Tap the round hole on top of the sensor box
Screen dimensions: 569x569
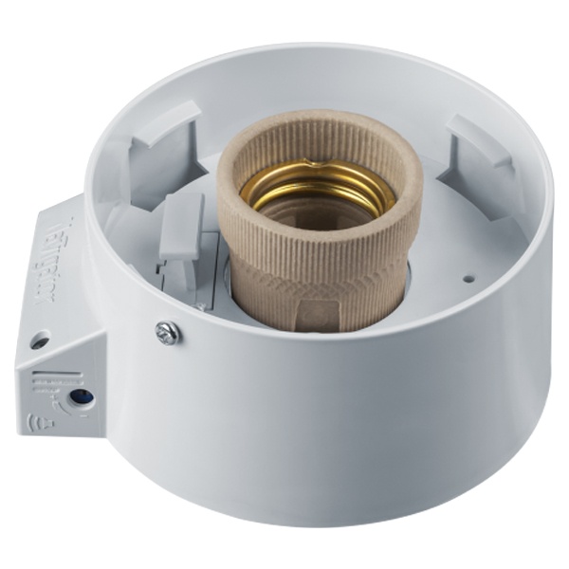click(40, 339)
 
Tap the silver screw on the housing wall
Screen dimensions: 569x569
click(166, 332)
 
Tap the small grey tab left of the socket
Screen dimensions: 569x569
click(180, 228)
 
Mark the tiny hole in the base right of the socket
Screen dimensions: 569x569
click(467, 281)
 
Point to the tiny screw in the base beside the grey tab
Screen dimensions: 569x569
click(200, 305)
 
